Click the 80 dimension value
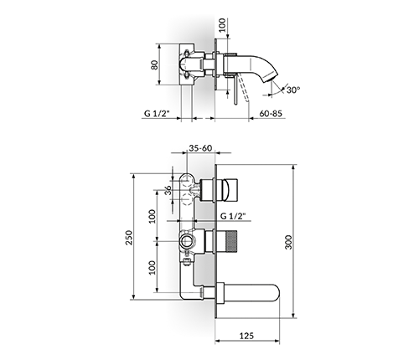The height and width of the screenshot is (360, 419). [154, 64]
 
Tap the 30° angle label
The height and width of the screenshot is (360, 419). [293, 90]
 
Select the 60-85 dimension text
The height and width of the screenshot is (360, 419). [271, 114]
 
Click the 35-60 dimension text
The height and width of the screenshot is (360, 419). [200, 148]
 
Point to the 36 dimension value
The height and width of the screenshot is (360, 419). [168, 191]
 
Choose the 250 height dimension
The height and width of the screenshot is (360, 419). [129, 238]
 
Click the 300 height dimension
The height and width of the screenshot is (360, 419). [288, 242]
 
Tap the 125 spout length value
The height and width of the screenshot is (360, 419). [246, 336]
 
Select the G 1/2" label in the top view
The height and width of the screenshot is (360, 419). [157, 114]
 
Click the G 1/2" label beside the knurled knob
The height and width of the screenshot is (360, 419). [233, 216]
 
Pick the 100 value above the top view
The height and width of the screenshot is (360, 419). [222, 25]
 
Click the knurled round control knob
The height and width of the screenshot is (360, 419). [230, 241]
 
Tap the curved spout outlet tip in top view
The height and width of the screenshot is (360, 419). [270, 78]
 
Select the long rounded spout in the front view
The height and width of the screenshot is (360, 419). [251, 295]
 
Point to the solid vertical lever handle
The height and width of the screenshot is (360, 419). [235, 90]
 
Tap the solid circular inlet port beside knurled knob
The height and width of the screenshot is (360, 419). [186, 241]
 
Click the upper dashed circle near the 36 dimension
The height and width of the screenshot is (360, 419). [186, 182]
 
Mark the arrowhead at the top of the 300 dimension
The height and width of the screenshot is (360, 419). [293, 167]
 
